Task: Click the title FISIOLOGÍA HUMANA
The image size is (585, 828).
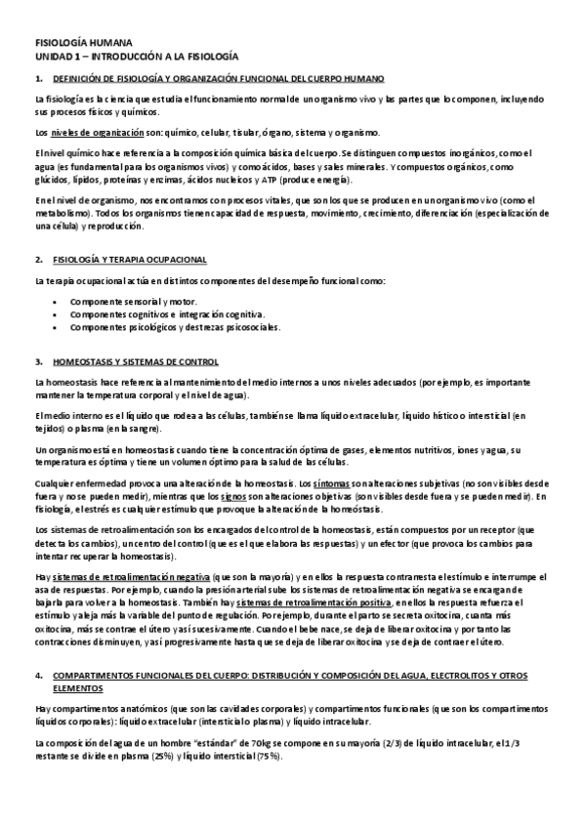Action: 75,45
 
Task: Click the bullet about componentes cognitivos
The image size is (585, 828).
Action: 167,314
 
